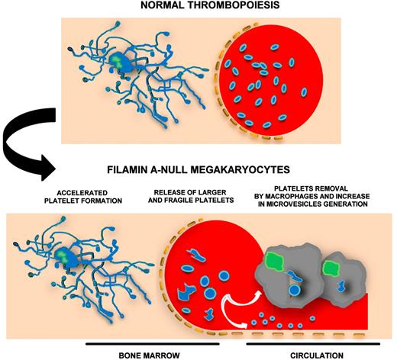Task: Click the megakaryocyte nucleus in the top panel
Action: coord(118,59)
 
